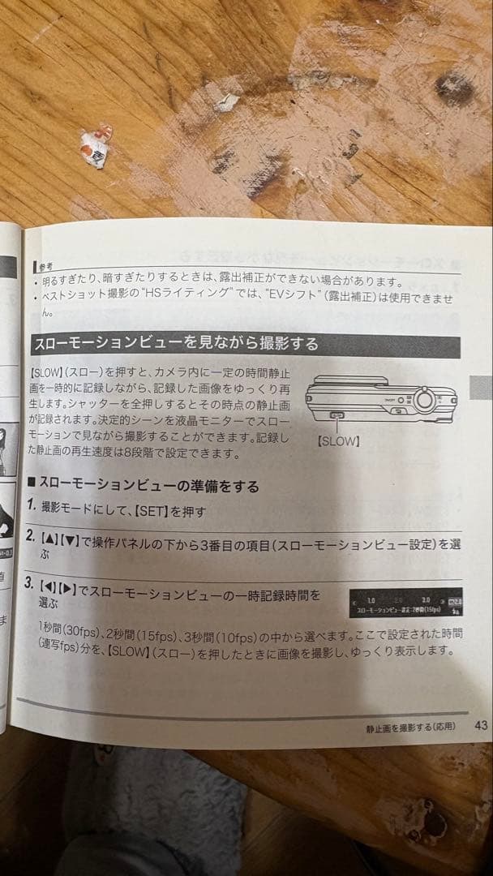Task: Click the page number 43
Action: point(481,725)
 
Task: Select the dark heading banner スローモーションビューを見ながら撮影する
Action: point(174,343)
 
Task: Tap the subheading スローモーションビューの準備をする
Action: point(149,486)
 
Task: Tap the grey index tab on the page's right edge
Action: point(481,388)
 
